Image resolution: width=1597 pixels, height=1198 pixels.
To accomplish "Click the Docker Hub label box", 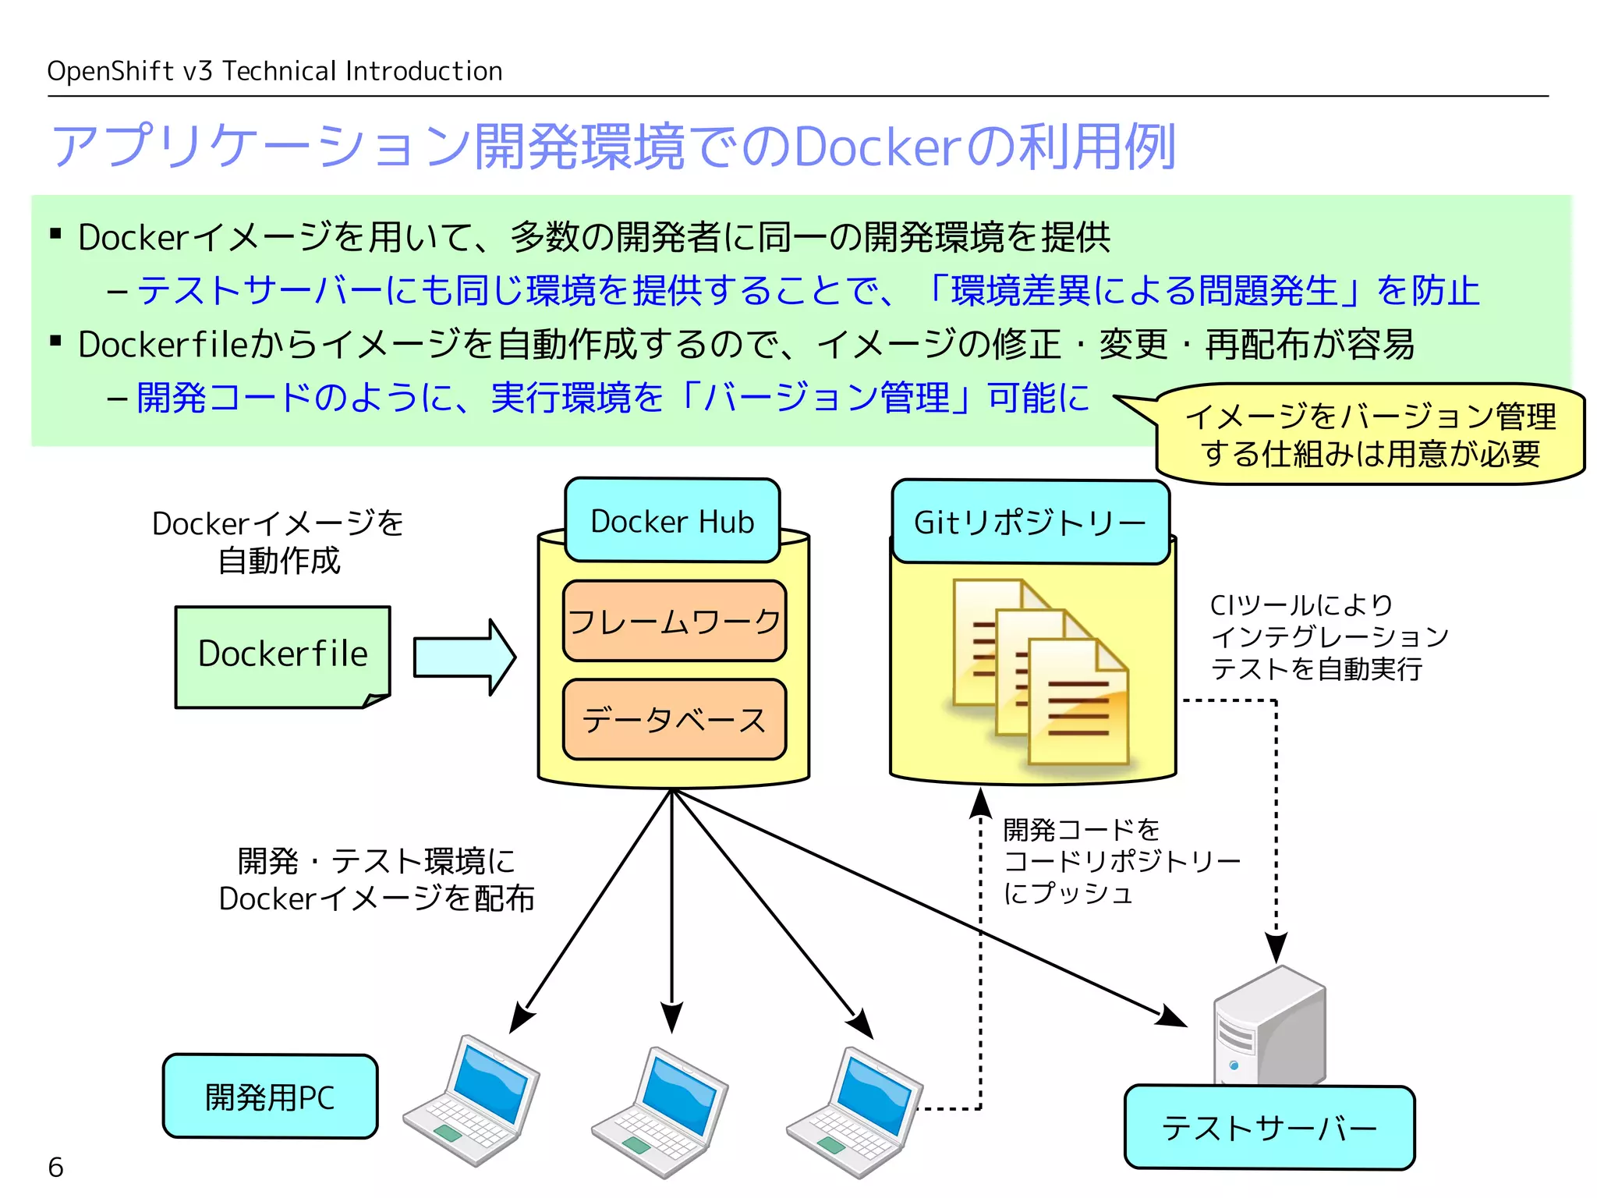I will (x=672, y=521).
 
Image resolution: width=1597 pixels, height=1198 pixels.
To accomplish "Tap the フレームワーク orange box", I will (x=674, y=621).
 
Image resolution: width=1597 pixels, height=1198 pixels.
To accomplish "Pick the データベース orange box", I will (x=674, y=719).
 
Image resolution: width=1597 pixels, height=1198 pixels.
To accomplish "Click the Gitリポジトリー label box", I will (x=1029, y=522).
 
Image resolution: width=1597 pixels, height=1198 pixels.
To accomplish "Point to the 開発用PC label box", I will (x=270, y=1097).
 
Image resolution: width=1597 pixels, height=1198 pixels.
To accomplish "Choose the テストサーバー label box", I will (x=1269, y=1128).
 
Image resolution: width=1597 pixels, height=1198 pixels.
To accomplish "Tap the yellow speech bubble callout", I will (x=1369, y=434).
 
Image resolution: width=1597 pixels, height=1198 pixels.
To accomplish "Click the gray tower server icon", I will (x=1269, y=1026).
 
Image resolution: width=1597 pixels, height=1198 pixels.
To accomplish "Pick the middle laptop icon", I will (x=660, y=1111).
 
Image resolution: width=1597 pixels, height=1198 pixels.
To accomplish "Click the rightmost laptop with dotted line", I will (x=855, y=1111).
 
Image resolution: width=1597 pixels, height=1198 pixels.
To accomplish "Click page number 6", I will (x=55, y=1167).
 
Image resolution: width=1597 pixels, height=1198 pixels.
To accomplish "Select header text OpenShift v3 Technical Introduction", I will (x=274, y=71).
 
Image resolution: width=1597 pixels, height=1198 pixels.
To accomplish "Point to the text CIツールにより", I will (x=1301, y=605).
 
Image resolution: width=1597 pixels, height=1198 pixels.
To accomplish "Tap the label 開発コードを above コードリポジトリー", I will (x=1081, y=829).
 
